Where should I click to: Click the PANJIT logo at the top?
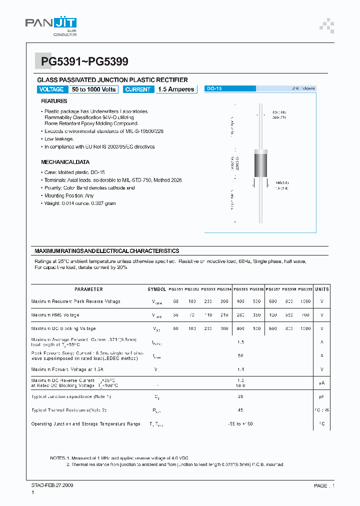[x=51, y=25]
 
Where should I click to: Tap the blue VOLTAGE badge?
[x=51, y=89]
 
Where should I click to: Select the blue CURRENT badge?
[x=137, y=89]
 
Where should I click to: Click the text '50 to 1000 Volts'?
[x=93, y=89]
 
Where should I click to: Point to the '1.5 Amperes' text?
[x=176, y=89]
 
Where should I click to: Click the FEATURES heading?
[x=54, y=101]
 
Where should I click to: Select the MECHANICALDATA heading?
[x=65, y=162]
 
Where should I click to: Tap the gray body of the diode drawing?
[x=261, y=163]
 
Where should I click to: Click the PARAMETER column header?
[x=88, y=289]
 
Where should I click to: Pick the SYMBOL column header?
[x=157, y=289]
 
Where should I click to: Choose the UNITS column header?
[x=322, y=289]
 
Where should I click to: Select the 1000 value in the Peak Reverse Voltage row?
[x=305, y=301]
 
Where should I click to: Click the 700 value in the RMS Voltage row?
[x=305, y=315]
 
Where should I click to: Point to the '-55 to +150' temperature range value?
[x=240, y=423]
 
